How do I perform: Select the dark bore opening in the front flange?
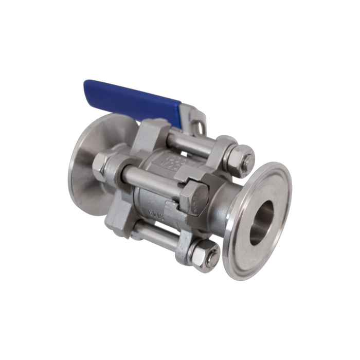pos(261,224)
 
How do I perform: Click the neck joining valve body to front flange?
pos(226,203)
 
